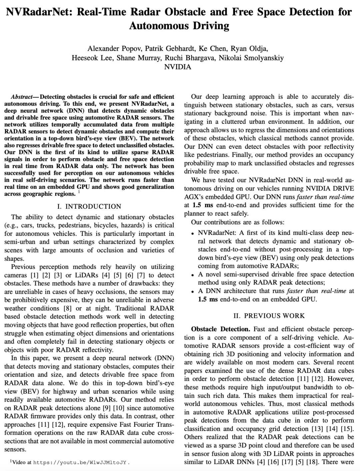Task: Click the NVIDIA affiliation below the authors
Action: (178, 67)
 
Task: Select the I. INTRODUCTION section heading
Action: (89, 206)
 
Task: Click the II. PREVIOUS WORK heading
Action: (269, 316)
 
